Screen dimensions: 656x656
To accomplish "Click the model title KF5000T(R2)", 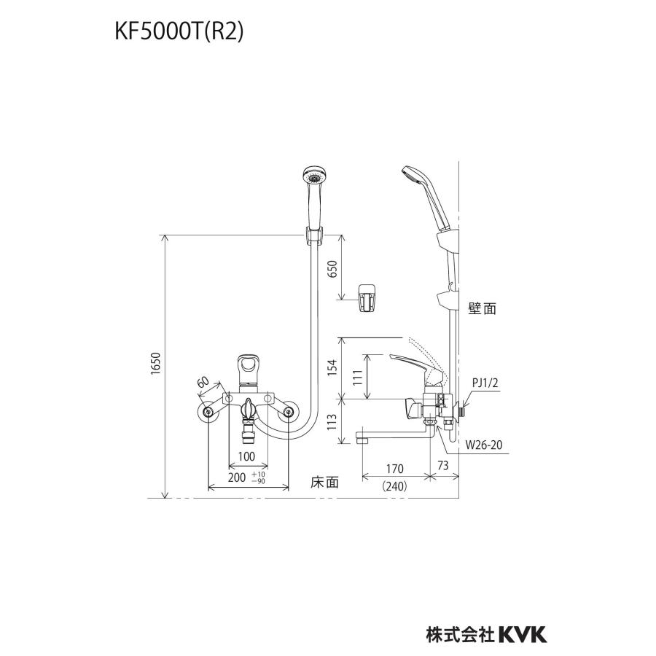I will tap(178, 32).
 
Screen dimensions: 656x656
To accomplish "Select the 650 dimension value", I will tap(332, 269).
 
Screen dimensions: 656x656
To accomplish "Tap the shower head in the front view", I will tap(315, 179).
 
